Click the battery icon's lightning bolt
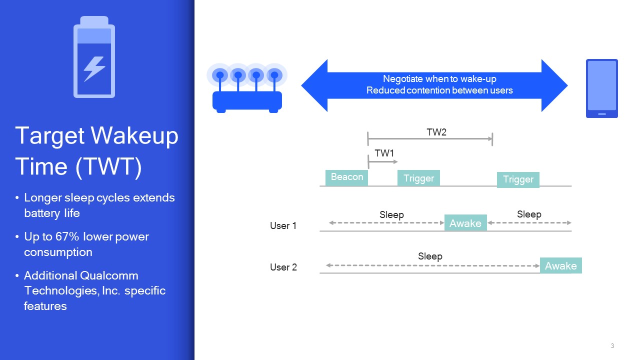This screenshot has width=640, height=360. coord(94,69)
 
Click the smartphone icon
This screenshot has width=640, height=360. coord(601,88)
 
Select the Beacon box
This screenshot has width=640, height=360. coord(346,177)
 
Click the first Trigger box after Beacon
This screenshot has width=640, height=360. coord(418,178)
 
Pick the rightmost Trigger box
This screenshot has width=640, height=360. coord(518,179)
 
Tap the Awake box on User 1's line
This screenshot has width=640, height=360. coord(465,223)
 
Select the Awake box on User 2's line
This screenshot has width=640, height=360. coord(560,265)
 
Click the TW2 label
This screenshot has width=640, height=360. coord(436,132)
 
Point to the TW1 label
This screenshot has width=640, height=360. coord(384,153)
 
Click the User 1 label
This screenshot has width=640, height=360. coord(283,226)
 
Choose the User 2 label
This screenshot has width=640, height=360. coord(283,267)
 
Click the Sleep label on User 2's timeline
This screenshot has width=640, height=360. coord(430,256)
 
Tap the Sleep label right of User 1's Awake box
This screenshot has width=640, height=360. coord(529,214)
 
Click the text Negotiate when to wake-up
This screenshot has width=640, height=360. coord(439,79)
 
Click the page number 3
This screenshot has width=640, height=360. coord(612,346)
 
